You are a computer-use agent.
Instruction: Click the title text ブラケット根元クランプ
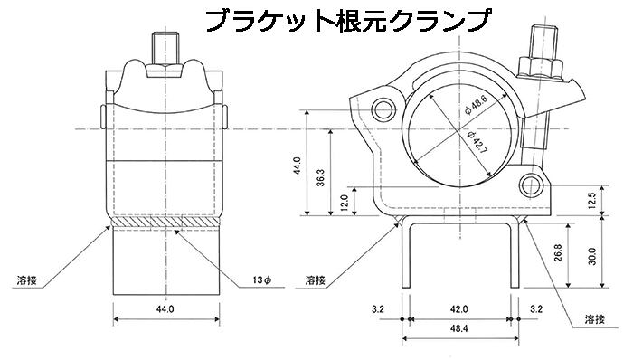point(349,20)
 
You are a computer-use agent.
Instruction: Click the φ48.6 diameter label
point(477,106)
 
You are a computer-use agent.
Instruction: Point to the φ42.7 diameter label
point(477,143)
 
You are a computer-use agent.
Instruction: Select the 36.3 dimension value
point(320,176)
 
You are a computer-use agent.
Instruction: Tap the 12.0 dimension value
point(344,203)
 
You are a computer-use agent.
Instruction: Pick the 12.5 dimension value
point(591,201)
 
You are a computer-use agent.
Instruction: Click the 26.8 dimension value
point(558,252)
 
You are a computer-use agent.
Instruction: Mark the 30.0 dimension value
point(591,256)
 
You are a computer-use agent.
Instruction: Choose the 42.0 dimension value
point(459,309)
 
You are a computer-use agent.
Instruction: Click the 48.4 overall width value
point(459,329)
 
